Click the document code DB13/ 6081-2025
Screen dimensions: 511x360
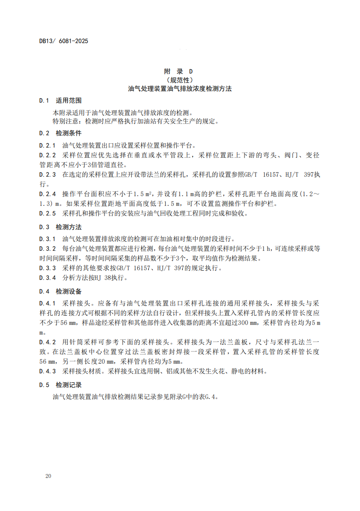(x=63, y=41)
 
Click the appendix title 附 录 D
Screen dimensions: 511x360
(x=178, y=71)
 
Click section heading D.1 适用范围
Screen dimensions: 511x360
(x=60, y=101)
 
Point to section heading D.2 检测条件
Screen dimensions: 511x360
(x=60, y=133)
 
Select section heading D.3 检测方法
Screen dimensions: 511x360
(x=60, y=227)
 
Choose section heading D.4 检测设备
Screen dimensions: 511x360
(x=60, y=292)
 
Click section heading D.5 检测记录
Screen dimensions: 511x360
(x=60, y=385)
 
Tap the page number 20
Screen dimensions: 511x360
(x=48, y=477)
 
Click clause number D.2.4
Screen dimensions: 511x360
(x=48, y=194)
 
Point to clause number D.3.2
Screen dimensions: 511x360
(x=48, y=249)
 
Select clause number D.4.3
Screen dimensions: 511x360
(x=48, y=371)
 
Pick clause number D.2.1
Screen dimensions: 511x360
(x=48, y=145)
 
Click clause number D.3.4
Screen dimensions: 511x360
(x=48, y=278)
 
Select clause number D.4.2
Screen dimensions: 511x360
(x=48, y=342)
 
